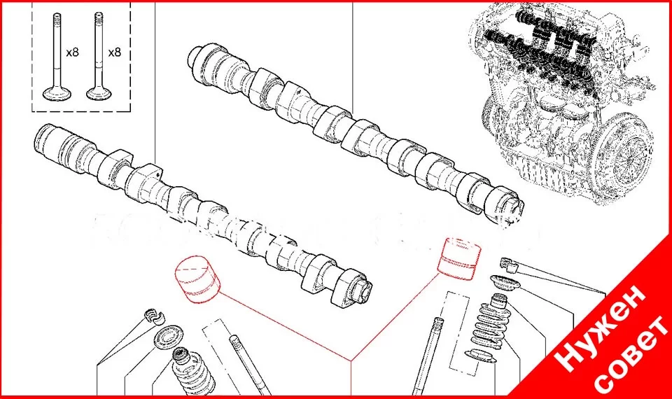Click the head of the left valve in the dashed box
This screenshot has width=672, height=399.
click(x=57, y=93)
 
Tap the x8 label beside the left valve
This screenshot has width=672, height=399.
click(x=72, y=52)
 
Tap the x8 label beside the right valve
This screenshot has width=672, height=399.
click(x=114, y=52)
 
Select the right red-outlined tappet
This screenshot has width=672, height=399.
click(x=458, y=259)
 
